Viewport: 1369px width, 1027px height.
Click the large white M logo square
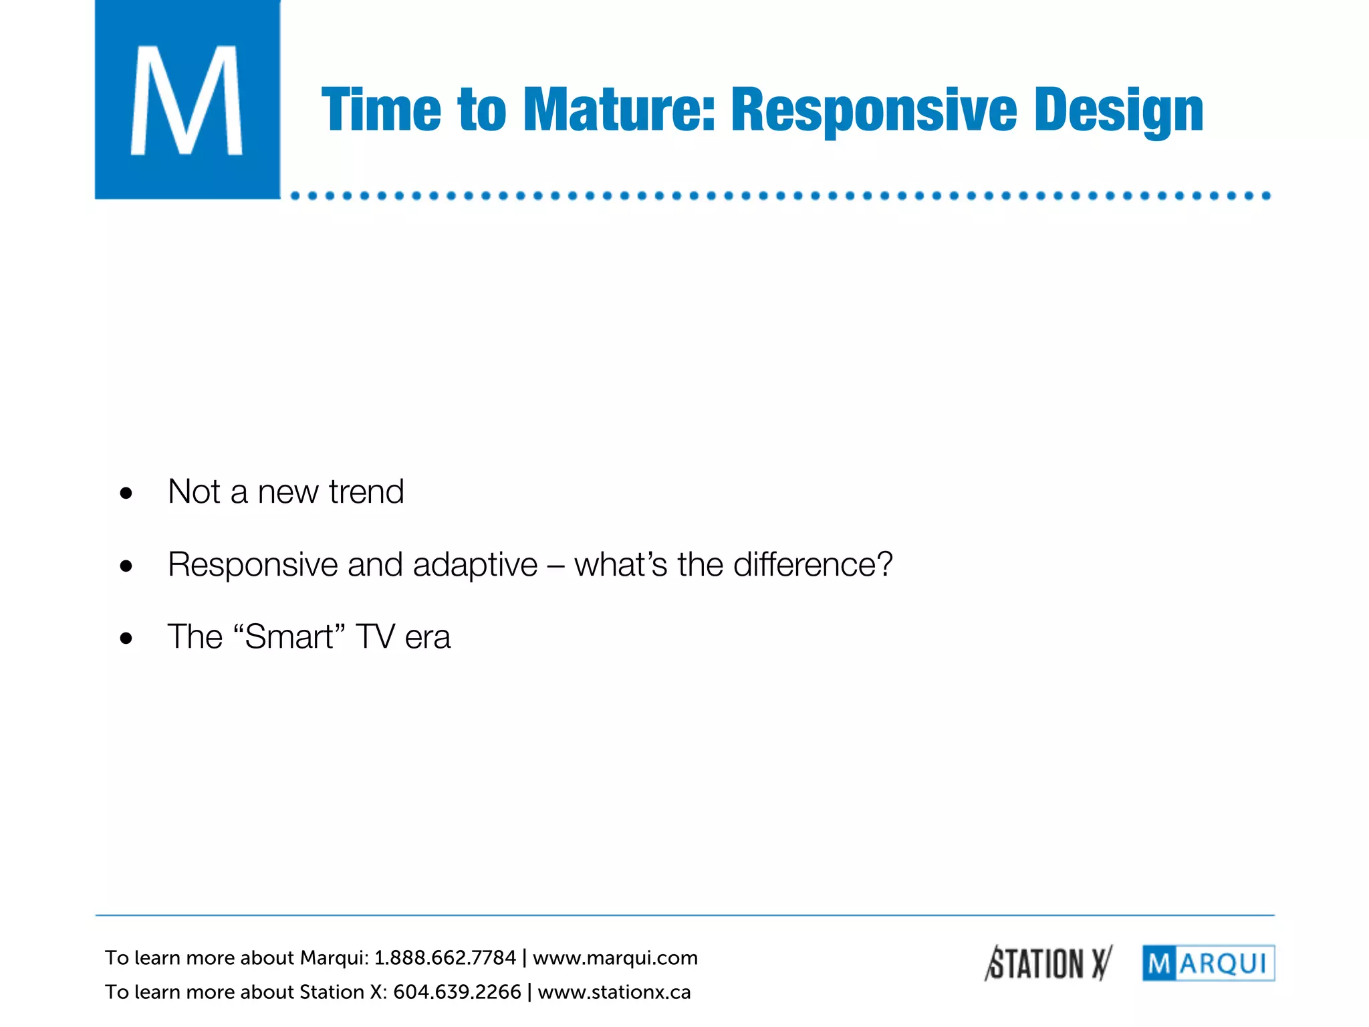[187, 100]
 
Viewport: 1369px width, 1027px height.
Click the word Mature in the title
[618, 110]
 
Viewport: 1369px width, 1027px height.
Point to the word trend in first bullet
[366, 492]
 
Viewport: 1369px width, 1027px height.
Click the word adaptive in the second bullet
[475, 565]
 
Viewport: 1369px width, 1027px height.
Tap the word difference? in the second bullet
[813, 565]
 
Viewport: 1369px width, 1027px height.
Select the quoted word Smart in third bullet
[289, 637]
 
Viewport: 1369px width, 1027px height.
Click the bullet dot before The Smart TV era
[126, 639]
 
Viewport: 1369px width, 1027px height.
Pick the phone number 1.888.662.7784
[445, 958]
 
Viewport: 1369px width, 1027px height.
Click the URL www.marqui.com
[615, 958]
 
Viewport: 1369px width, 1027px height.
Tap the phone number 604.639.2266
[457, 992]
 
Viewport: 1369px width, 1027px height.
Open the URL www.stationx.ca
[614, 992]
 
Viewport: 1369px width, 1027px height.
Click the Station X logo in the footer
[1048, 963]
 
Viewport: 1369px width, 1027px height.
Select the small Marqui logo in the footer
[1208, 963]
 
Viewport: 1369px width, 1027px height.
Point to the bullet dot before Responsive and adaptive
[126, 567]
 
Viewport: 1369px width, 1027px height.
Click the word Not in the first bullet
[194, 492]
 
